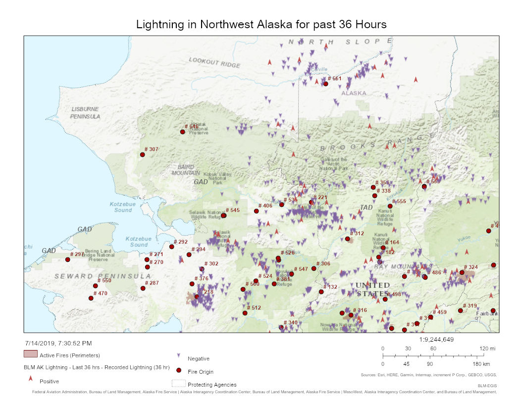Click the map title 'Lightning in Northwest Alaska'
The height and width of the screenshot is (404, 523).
pyautogui.click(x=261, y=24)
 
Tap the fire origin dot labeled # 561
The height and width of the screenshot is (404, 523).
pyautogui.click(x=325, y=84)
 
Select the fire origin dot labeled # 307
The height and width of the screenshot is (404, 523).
pyautogui.click(x=142, y=154)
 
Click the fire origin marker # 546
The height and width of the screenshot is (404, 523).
pyautogui.click(x=182, y=132)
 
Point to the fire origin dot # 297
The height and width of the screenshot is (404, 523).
pyautogui.click(x=68, y=259)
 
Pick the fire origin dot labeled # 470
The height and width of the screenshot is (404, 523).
pyautogui.click(x=91, y=298)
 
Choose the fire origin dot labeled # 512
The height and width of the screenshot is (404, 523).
pyautogui.click(x=245, y=313)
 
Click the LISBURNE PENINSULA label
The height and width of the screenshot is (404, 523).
pyautogui.click(x=85, y=112)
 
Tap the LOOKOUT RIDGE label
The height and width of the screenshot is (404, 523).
pyautogui.click(x=214, y=62)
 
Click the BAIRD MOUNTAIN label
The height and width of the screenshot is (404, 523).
pyautogui.click(x=186, y=170)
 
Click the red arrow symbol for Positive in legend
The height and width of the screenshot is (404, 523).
pyautogui.click(x=30, y=378)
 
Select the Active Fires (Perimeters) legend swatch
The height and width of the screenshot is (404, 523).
pyautogui.click(x=30, y=353)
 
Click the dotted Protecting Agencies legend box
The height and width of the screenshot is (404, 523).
pyautogui.click(x=178, y=384)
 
